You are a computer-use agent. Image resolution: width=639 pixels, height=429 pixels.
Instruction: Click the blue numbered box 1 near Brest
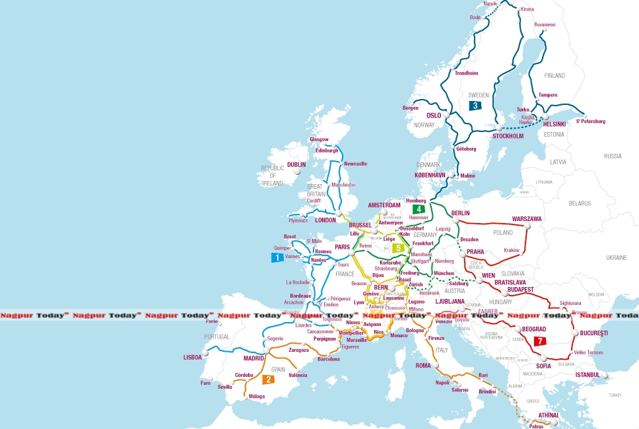[277, 257]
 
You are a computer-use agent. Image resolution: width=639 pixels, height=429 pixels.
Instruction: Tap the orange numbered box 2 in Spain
[268, 379]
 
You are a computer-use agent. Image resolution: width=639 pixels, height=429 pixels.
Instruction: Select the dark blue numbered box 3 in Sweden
[475, 105]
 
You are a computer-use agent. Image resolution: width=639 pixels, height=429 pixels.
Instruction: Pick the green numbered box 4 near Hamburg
[418, 209]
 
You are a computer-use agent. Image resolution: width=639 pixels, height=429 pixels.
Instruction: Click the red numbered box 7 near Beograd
[541, 341]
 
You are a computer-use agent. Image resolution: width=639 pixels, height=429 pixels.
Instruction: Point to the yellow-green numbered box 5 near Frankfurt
[397, 248]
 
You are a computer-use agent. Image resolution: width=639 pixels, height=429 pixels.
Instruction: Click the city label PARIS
[342, 247]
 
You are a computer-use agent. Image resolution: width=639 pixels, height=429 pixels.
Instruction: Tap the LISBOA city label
[192, 357]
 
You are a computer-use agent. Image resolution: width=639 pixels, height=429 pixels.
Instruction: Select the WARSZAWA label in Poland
[527, 218]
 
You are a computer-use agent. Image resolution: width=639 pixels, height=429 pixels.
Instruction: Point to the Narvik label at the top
[490, 4]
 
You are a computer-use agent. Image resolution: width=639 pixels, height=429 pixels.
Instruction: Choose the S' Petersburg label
[590, 121]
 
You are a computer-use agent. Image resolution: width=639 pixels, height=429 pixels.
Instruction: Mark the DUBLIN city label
[296, 164]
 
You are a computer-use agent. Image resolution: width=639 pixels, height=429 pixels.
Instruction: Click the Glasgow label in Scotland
[319, 139]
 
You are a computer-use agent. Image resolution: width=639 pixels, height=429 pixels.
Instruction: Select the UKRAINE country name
[615, 257]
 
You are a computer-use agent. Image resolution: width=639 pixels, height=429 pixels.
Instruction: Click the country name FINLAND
[555, 75]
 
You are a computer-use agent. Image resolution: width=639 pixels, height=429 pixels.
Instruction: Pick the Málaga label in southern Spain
[256, 397]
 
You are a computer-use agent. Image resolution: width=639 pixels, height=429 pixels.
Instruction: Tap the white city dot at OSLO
[446, 115]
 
